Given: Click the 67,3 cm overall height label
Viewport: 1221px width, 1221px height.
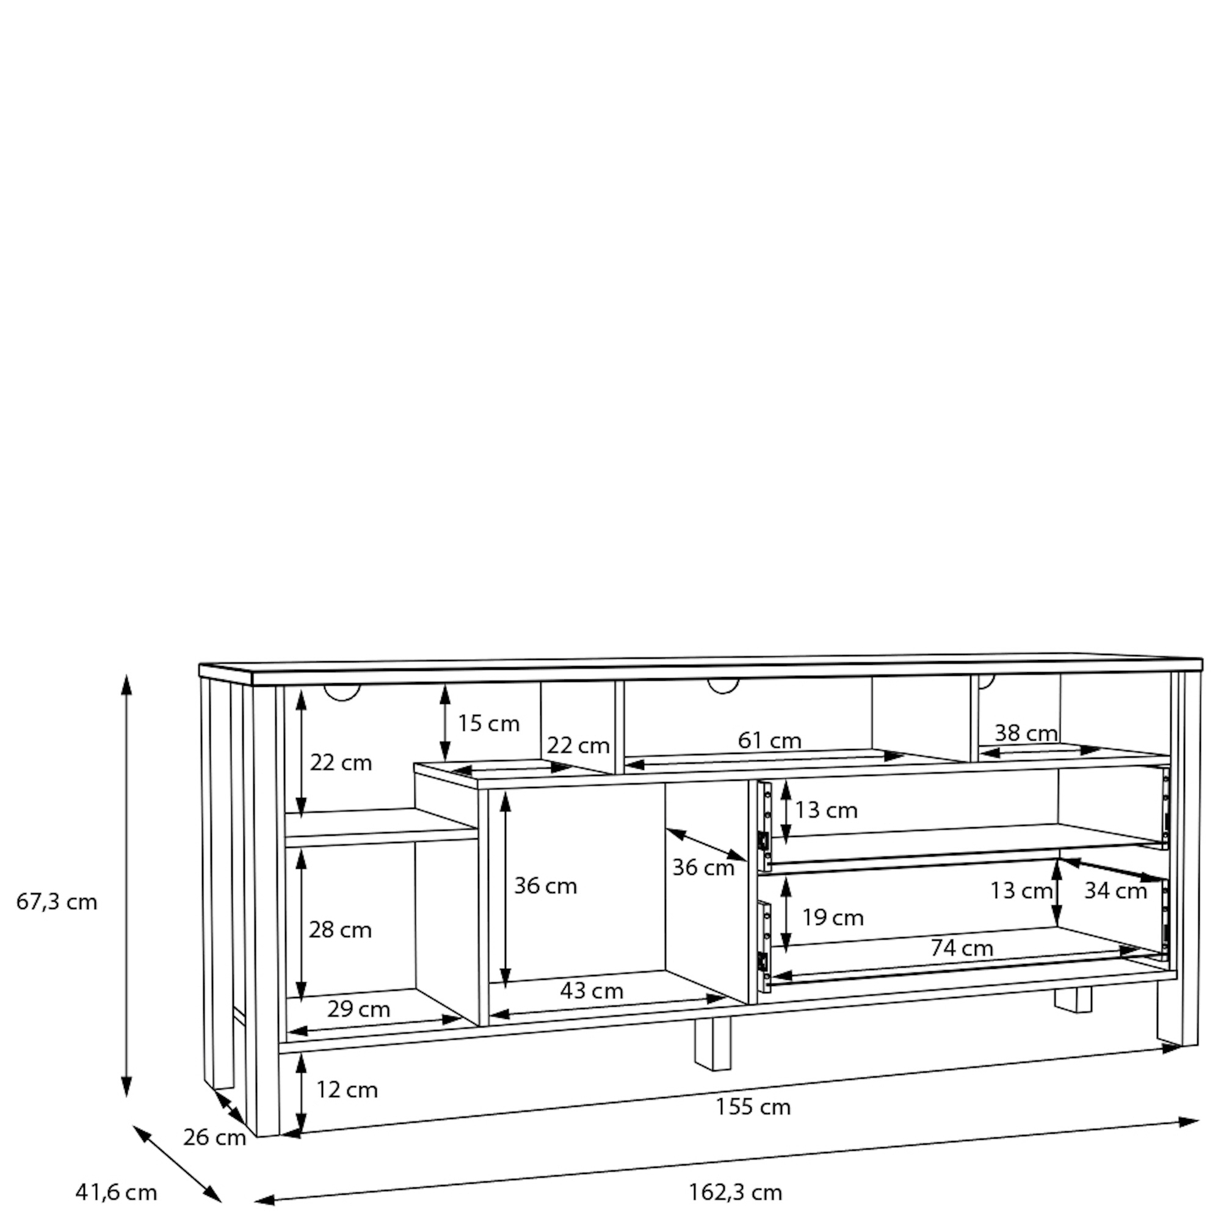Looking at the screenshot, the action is pyautogui.click(x=57, y=902).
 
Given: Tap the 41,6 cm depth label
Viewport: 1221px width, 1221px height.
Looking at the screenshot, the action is pyautogui.click(x=116, y=1192).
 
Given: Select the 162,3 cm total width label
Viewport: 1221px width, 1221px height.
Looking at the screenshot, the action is pyautogui.click(x=735, y=1192).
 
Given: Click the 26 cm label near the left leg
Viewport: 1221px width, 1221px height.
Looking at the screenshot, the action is pyautogui.click(x=214, y=1137).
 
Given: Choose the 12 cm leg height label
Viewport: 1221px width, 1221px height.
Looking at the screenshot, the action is pyautogui.click(x=347, y=1090).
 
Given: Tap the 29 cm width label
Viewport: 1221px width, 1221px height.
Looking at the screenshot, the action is pyautogui.click(x=358, y=1009).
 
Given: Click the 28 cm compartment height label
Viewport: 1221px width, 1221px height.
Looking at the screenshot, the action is pyautogui.click(x=340, y=930).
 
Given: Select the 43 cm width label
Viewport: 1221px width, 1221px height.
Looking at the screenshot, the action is pyautogui.click(x=592, y=990).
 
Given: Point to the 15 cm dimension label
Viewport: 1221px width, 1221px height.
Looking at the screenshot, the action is pyautogui.click(x=488, y=723).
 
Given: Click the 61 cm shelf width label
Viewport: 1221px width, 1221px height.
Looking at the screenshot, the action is pyautogui.click(x=770, y=740).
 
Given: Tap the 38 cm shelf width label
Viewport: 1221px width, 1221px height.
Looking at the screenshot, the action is pyautogui.click(x=1026, y=733).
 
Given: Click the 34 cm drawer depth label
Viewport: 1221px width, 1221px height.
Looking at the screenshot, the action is pyautogui.click(x=1116, y=891).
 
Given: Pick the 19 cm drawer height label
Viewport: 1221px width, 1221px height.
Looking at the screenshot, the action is pyautogui.click(x=833, y=918).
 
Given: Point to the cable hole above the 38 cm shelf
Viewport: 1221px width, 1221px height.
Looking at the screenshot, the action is pyautogui.click(x=987, y=683).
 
